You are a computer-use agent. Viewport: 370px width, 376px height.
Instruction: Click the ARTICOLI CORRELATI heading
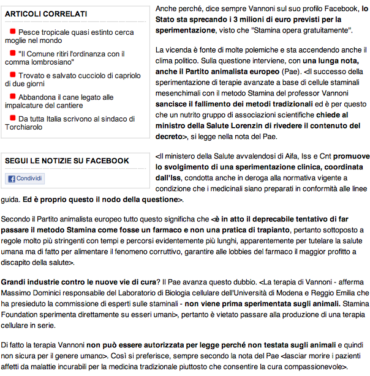(46, 13)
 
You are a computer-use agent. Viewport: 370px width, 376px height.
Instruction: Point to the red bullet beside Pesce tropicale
(13, 31)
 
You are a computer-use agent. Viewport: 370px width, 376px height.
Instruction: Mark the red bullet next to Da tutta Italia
(13, 118)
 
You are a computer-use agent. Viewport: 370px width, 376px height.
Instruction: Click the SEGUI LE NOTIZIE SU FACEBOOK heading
(67, 161)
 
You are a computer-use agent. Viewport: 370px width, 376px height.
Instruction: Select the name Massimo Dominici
(29, 293)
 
